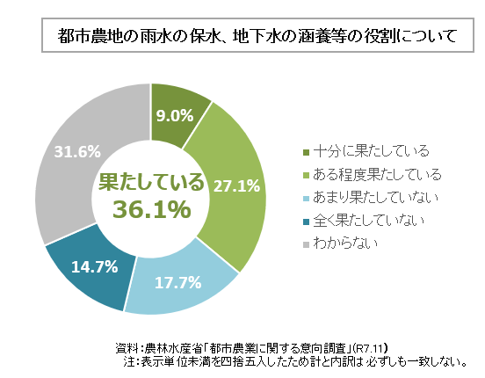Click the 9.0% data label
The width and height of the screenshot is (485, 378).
(176, 114)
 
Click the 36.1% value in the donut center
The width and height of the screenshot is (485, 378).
(150, 209)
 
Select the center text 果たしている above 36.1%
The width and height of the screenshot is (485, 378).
(150, 182)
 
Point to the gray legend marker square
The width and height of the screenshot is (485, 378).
(305, 243)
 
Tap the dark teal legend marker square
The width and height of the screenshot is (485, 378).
(305, 220)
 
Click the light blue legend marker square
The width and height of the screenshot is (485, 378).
(305, 197)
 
